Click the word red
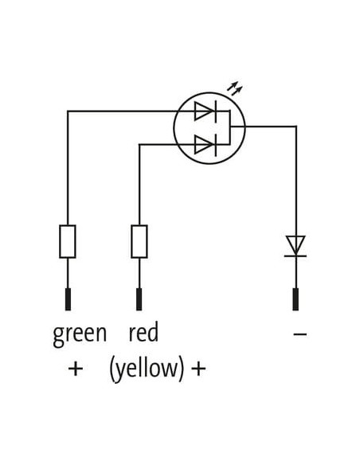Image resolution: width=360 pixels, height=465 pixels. [x=143, y=332]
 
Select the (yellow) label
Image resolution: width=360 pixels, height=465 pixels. [x=147, y=369]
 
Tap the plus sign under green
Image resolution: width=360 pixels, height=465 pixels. [x=76, y=369]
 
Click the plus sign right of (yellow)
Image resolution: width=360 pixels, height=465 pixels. [x=198, y=369]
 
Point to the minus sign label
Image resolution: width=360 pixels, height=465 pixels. [x=299, y=334]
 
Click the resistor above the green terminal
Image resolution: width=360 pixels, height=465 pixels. [x=68, y=241]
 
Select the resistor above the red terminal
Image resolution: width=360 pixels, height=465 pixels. [x=139, y=241]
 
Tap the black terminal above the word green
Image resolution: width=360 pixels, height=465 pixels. [x=68, y=299]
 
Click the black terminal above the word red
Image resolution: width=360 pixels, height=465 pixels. [x=139, y=299]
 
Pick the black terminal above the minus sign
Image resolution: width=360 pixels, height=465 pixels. [x=295, y=299]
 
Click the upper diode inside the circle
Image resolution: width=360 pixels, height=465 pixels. [x=205, y=111]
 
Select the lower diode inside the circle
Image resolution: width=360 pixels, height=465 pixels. [x=205, y=144]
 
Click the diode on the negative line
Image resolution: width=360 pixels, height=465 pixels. [x=295, y=246]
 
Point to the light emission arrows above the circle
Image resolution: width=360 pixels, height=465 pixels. [x=235, y=88]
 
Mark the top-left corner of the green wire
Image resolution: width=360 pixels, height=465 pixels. [x=68, y=111]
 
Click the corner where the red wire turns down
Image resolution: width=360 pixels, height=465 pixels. [x=139, y=144]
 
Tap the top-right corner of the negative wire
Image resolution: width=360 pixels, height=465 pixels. [x=296, y=127]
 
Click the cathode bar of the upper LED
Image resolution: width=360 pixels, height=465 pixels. [x=216, y=111]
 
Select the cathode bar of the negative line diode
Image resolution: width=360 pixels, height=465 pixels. [x=295, y=256]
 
